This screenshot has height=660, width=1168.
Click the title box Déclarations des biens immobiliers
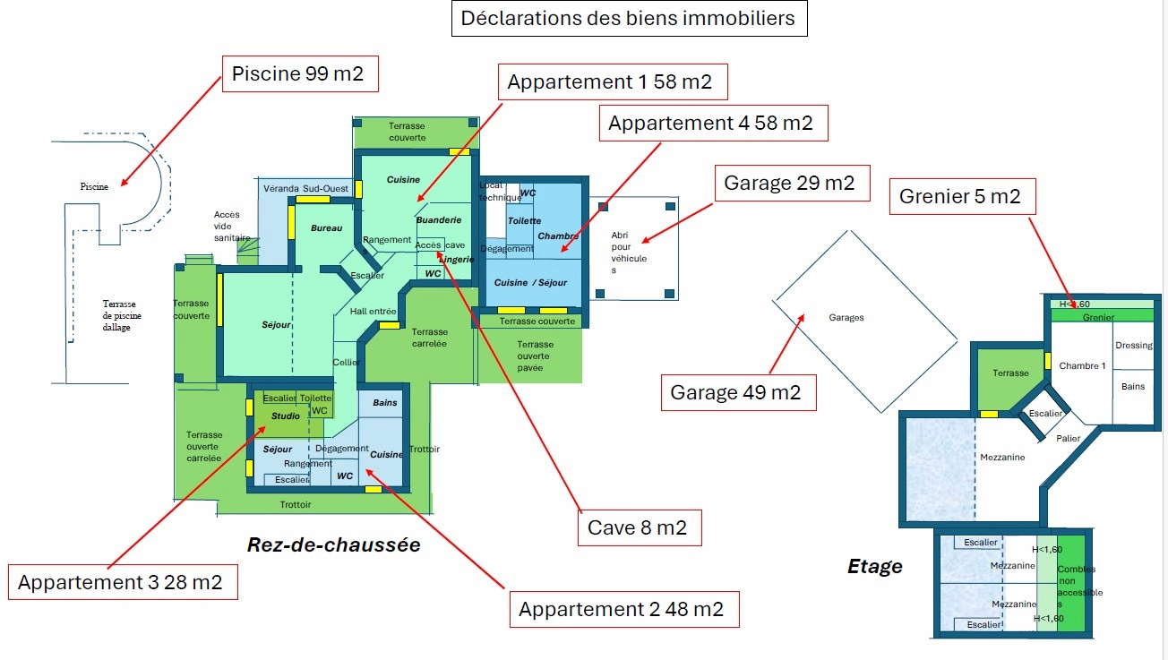(628, 18)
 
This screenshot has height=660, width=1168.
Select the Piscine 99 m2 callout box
(298, 73)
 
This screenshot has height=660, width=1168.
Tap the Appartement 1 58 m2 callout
(610, 82)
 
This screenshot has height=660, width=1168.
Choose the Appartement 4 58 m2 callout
(711, 124)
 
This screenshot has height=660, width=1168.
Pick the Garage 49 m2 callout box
(736, 392)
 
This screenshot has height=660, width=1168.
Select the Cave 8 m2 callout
(638, 528)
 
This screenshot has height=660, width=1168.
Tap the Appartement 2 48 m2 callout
(622, 610)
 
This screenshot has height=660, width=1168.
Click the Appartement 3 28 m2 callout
(121, 583)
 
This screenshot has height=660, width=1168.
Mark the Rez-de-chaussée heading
(334, 544)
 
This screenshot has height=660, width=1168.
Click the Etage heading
(875, 566)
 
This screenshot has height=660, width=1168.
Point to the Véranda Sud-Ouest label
(305, 189)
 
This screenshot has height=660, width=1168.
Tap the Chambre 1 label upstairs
(1082, 366)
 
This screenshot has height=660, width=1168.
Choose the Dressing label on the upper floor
(1134, 346)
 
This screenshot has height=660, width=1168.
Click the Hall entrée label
(373, 311)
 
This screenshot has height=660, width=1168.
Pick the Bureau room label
(326, 228)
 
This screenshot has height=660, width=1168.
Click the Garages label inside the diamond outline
(846, 318)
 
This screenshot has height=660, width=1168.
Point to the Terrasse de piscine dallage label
(122, 315)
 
